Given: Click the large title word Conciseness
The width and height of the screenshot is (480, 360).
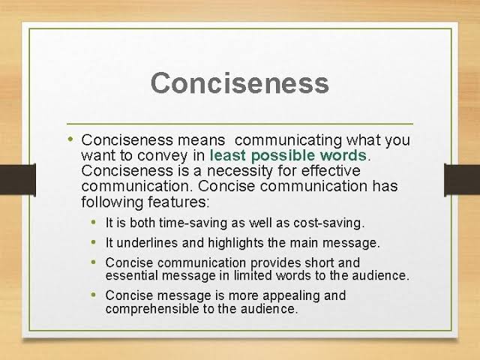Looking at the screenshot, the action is [x=240, y=83].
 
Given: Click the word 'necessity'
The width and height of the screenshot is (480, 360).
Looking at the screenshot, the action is [x=240, y=171].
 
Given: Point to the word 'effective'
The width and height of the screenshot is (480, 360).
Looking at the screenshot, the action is [x=331, y=170].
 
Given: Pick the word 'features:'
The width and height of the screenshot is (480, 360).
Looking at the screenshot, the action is [x=178, y=202].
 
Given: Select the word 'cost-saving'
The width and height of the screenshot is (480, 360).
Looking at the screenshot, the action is [x=329, y=223].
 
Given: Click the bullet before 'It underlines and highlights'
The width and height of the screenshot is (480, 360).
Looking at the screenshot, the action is [x=94, y=242].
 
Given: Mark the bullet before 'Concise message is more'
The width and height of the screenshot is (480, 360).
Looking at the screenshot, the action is [x=94, y=295].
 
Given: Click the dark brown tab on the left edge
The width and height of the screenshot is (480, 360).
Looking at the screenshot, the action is [x=18, y=180].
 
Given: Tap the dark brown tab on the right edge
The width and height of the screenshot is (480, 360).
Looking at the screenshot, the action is [x=462, y=180].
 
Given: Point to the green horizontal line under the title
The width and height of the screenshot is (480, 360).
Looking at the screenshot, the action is [x=240, y=124].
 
